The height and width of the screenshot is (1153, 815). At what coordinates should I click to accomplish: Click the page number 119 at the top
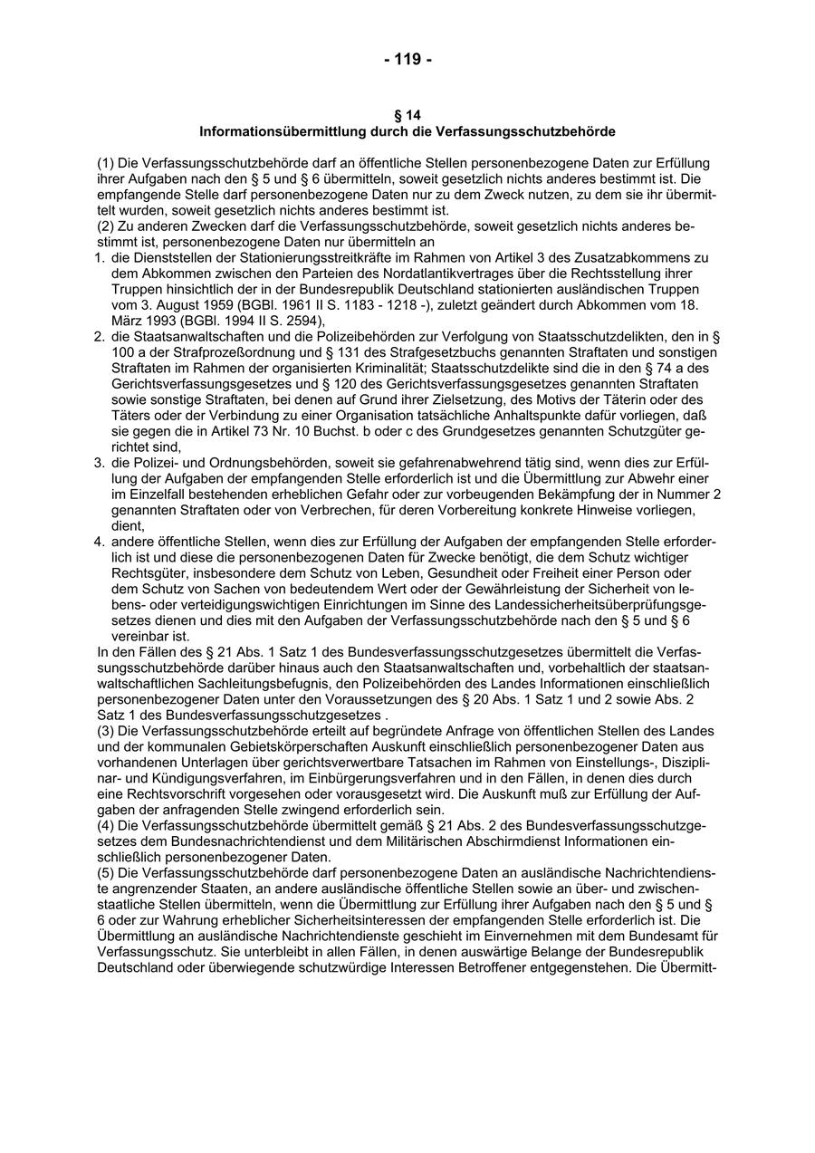point(408,60)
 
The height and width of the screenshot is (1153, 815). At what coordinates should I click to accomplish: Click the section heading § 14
point(407,115)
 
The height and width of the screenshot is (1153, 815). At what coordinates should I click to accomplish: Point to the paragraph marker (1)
point(105,163)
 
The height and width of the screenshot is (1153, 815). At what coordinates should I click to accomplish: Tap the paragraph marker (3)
point(105,731)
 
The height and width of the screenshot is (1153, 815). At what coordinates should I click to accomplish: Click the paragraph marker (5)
point(105,872)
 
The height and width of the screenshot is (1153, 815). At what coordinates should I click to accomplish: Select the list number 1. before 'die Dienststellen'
point(101,258)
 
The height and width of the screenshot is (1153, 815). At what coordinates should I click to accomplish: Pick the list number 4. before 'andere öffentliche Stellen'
point(101,542)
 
